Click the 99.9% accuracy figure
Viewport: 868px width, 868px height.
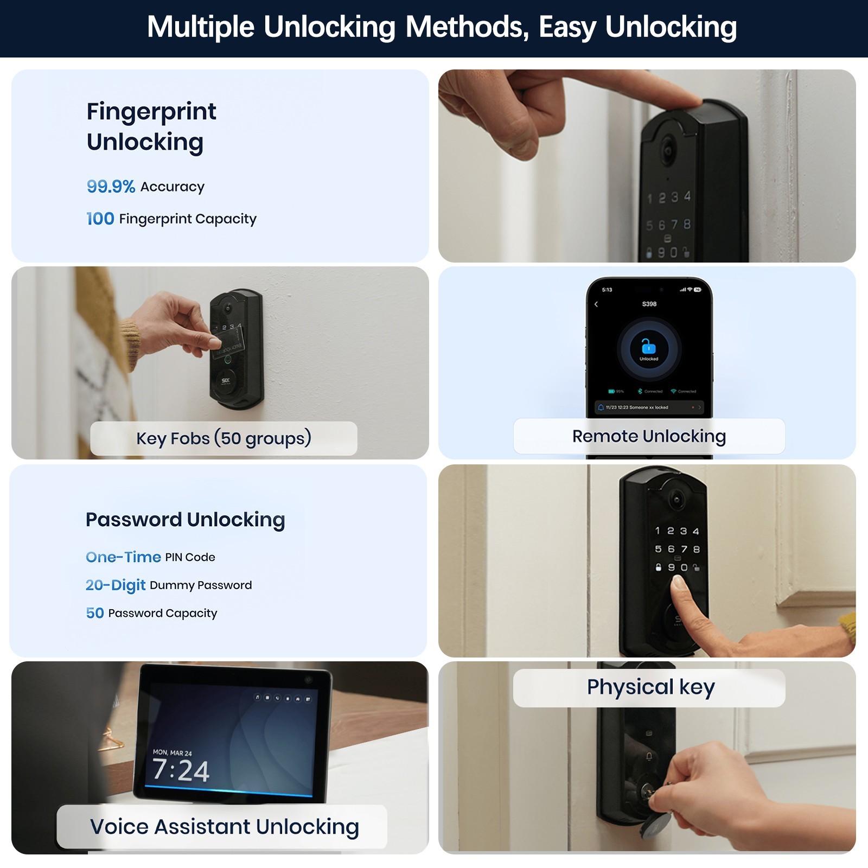(x=111, y=187)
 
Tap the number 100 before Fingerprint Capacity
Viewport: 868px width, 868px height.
(x=100, y=219)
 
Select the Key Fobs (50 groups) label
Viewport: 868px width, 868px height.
(x=224, y=438)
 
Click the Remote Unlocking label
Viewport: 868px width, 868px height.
(x=649, y=436)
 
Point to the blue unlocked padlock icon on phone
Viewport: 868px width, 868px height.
(x=648, y=346)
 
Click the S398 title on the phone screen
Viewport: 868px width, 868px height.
(x=649, y=304)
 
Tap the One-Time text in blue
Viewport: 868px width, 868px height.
(x=123, y=557)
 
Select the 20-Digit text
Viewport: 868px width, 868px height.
(x=116, y=585)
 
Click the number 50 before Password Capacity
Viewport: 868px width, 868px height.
(x=95, y=613)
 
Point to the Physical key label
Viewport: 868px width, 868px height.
(x=650, y=687)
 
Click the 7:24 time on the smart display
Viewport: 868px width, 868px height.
(x=181, y=771)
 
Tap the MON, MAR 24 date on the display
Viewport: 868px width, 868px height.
(x=172, y=752)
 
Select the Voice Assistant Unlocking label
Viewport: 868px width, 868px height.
(x=224, y=827)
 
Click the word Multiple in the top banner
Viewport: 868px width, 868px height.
(x=201, y=27)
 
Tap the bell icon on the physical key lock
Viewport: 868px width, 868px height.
(x=649, y=756)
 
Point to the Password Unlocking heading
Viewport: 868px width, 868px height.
(x=185, y=520)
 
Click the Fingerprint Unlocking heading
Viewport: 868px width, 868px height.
(x=151, y=126)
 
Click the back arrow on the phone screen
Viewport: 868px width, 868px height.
(x=596, y=304)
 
